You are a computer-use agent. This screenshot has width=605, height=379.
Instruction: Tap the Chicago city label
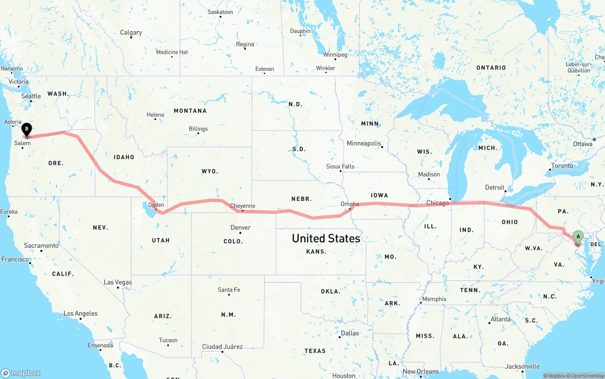pyautogui.click(x=438, y=203)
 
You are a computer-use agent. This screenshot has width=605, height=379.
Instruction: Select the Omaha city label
pyautogui.click(x=350, y=204)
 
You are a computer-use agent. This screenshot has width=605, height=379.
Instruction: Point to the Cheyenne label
pyautogui.click(x=242, y=206)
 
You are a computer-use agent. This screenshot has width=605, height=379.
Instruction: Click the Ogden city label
pyautogui.click(x=156, y=205)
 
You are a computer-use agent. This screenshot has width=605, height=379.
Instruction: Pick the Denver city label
pyautogui.click(x=241, y=227)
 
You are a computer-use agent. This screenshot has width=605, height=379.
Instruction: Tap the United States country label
pyautogui.click(x=326, y=238)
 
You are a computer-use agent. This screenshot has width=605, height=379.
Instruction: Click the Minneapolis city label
pyautogui.click(x=364, y=143)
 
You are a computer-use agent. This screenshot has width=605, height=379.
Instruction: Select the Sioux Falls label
pyautogui.click(x=340, y=167)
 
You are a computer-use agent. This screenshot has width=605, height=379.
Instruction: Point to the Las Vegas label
pyautogui.click(x=118, y=282)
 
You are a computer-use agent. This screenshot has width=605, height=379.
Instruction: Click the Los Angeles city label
pyautogui.click(x=80, y=313)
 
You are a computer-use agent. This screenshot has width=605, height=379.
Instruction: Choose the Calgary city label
pyautogui.click(x=131, y=33)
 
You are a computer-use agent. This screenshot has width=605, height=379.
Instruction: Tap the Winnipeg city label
pyautogui.click(x=335, y=55)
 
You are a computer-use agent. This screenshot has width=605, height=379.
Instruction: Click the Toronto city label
pyautogui.click(x=562, y=166)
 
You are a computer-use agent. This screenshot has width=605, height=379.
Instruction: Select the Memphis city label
pyautogui.click(x=434, y=299)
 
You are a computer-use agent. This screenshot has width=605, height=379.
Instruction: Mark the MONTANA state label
pyautogui.click(x=190, y=110)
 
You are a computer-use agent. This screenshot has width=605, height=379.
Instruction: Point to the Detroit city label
pyautogui.click(x=495, y=187)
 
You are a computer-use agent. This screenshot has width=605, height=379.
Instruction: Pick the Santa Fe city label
pyautogui.click(x=229, y=290)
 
